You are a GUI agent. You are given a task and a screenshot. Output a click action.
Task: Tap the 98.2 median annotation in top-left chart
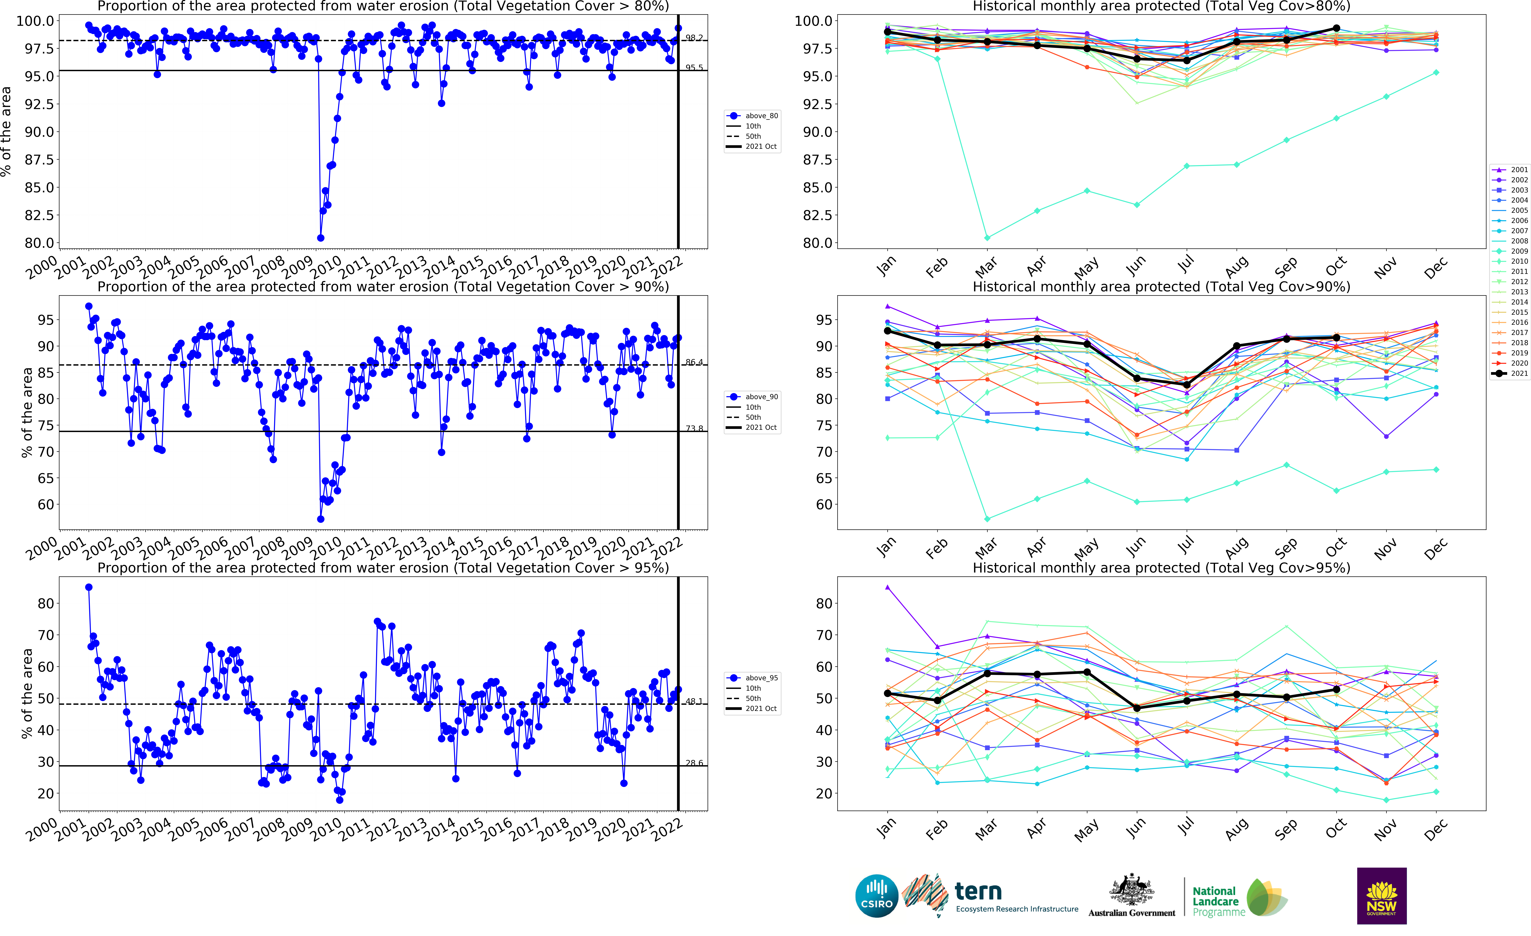[x=694, y=38]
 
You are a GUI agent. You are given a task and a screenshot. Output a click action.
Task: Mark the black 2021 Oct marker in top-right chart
[x=1336, y=29]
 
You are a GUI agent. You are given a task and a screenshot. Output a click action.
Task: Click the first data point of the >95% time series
[x=89, y=587]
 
